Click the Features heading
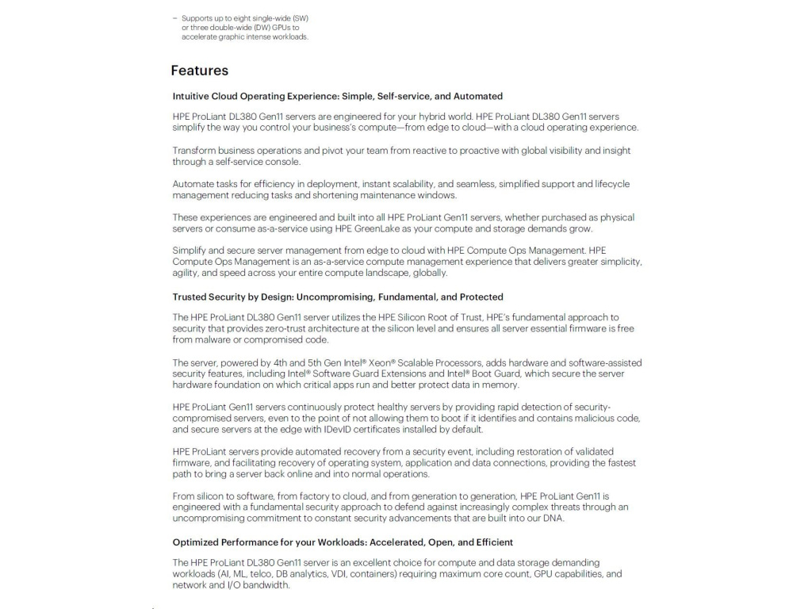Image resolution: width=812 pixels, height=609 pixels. point(199,71)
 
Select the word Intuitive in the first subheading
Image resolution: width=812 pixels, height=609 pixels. point(191,96)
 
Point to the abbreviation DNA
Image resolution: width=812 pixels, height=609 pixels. point(553,519)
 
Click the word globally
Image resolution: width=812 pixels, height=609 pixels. point(430,273)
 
